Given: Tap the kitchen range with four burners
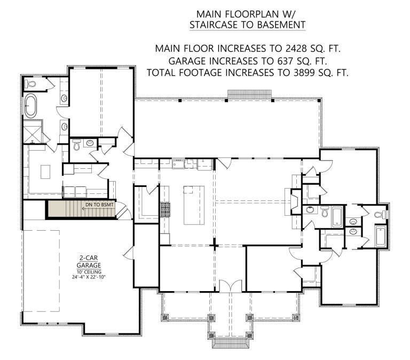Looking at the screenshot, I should [x=165, y=210].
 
